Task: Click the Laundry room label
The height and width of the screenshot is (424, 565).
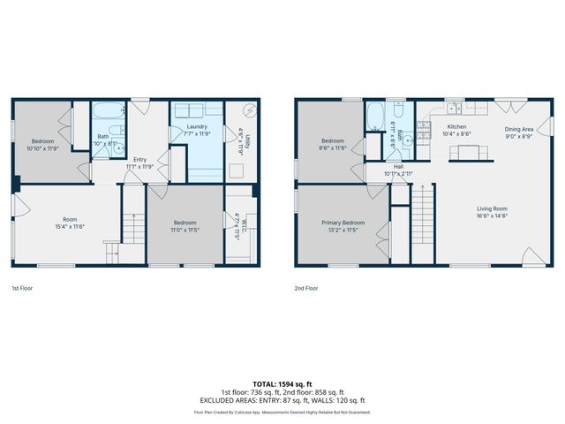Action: pos(197,127)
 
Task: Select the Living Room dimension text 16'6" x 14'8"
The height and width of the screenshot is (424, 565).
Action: pos(492,215)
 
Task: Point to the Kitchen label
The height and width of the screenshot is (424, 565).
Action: pos(456,127)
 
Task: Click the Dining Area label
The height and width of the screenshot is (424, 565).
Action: pos(518,130)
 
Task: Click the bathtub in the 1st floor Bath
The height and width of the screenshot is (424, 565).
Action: pos(109,112)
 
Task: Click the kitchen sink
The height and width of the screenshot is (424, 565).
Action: pos(453,110)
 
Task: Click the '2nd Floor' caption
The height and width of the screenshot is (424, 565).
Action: pos(306,288)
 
